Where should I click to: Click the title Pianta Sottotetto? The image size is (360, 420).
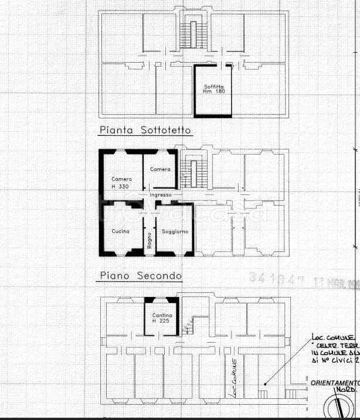click(x=145, y=131)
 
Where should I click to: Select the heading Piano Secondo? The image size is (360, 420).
click(x=141, y=275)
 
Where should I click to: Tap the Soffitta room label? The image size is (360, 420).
click(x=214, y=86)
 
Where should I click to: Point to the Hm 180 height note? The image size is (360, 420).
click(x=214, y=92)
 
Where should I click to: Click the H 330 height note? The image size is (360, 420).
click(x=121, y=186)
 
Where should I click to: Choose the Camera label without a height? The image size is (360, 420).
click(x=160, y=169)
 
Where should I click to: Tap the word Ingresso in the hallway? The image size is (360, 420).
click(x=161, y=194)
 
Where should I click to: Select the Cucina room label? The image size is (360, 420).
click(x=121, y=232)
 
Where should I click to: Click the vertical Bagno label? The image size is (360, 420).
click(x=150, y=241)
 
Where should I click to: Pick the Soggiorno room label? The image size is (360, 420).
click(x=175, y=232)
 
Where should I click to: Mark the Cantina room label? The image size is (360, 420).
click(x=162, y=316)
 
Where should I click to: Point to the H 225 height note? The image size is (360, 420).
click(x=162, y=322)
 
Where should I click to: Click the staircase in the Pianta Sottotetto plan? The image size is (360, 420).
click(x=191, y=35)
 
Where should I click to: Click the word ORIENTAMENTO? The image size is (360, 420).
click(x=334, y=383)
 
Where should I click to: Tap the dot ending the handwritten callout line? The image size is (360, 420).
click(x=264, y=384)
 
